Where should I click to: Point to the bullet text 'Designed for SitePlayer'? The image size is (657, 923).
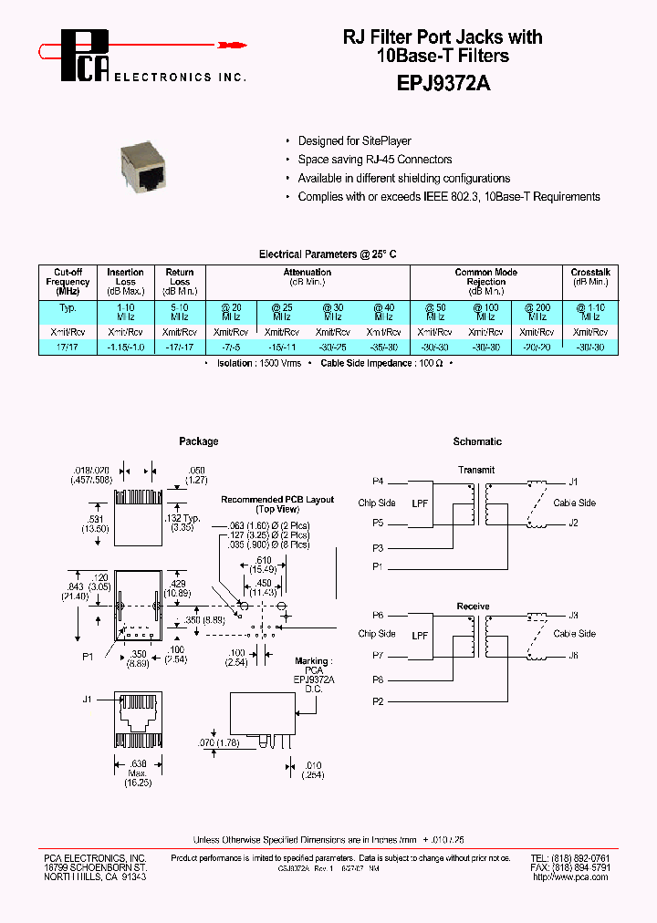click(x=354, y=141)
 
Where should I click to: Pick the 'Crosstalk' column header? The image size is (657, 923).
click(x=590, y=272)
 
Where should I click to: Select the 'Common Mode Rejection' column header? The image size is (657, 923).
click(x=486, y=276)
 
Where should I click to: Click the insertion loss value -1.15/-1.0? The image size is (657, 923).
click(x=125, y=347)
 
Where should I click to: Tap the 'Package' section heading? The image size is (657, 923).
click(x=198, y=441)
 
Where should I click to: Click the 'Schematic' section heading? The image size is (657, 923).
click(x=477, y=441)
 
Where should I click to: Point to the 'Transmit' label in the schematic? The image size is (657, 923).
click(x=476, y=470)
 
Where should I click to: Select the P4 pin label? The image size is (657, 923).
click(x=378, y=481)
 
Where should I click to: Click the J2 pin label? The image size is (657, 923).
click(x=573, y=523)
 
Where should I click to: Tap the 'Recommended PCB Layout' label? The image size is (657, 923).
click(x=277, y=500)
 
